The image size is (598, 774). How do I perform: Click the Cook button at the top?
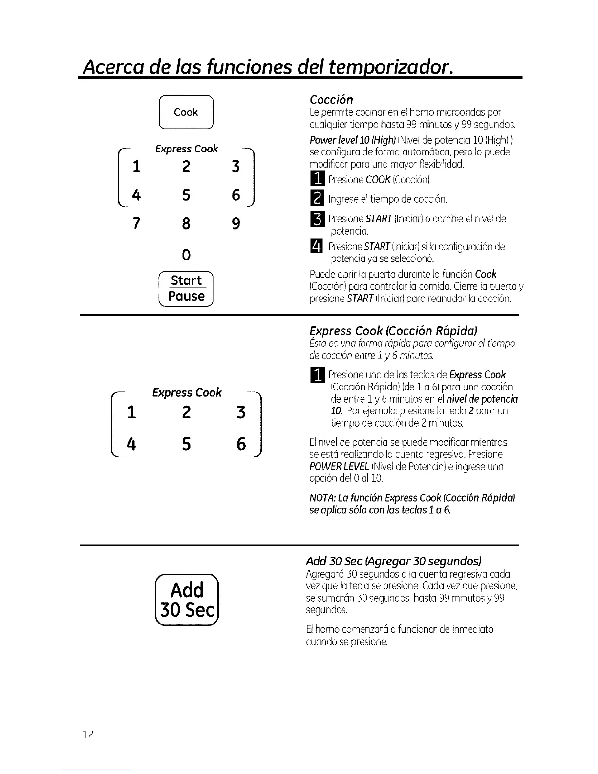point(186,112)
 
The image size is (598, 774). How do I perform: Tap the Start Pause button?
point(186,288)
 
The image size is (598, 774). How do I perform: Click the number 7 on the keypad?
point(136,224)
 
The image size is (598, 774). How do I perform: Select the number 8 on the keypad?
point(186,224)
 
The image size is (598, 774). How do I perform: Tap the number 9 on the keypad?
point(235,224)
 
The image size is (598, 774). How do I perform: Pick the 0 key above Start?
point(186,255)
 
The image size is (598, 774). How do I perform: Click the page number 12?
point(88,734)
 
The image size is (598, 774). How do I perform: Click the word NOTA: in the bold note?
point(321,498)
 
